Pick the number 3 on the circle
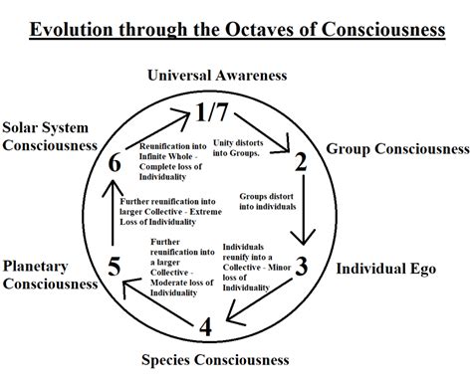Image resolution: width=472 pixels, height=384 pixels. [x=304, y=267]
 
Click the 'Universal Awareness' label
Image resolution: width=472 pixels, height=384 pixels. [x=231, y=75]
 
